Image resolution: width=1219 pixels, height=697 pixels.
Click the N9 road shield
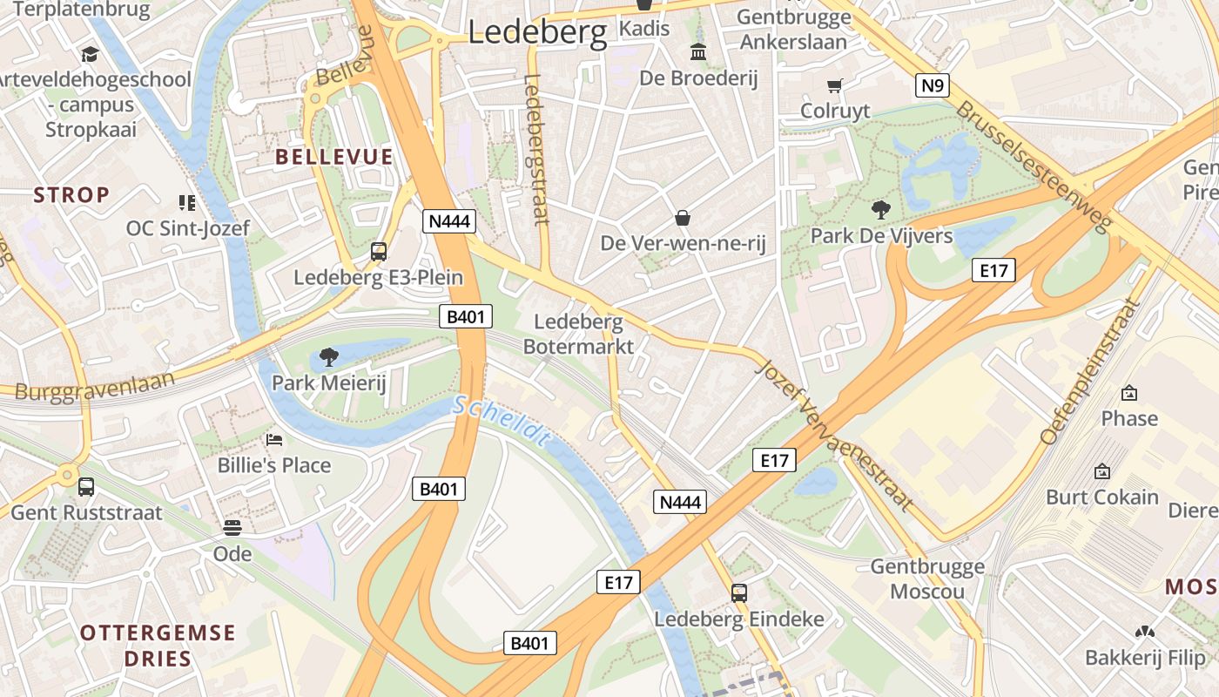(x=932, y=85)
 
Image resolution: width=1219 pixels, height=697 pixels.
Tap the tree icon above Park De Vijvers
(x=880, y=210)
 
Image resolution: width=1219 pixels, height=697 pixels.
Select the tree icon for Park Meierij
(x=328, y=356)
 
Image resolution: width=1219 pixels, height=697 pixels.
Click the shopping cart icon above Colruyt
(x=835, y=85)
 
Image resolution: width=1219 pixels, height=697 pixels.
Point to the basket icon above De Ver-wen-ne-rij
(x=683, y=217)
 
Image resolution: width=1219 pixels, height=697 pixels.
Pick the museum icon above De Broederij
(x=698, y=52)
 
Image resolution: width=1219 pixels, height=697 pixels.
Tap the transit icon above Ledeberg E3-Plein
(x=378, y=252)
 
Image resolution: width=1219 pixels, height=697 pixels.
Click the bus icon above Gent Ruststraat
(x=86, y=487)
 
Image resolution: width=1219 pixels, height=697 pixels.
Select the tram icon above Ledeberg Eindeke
(x=739, y=593)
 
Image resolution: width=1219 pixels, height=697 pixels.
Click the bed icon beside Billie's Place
(x=274, y=440)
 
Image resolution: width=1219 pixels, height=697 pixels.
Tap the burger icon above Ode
(x=232, y=528)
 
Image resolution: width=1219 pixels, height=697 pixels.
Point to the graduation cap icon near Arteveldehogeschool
(x=90, y=55)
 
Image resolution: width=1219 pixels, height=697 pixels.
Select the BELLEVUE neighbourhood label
(x=333, y=158)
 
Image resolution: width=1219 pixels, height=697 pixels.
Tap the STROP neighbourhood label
(x=71, y=195)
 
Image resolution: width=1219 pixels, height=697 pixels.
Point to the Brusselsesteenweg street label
(x=1034, y=166)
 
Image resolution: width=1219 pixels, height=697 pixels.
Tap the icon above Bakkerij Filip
(x=1144, y=632)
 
